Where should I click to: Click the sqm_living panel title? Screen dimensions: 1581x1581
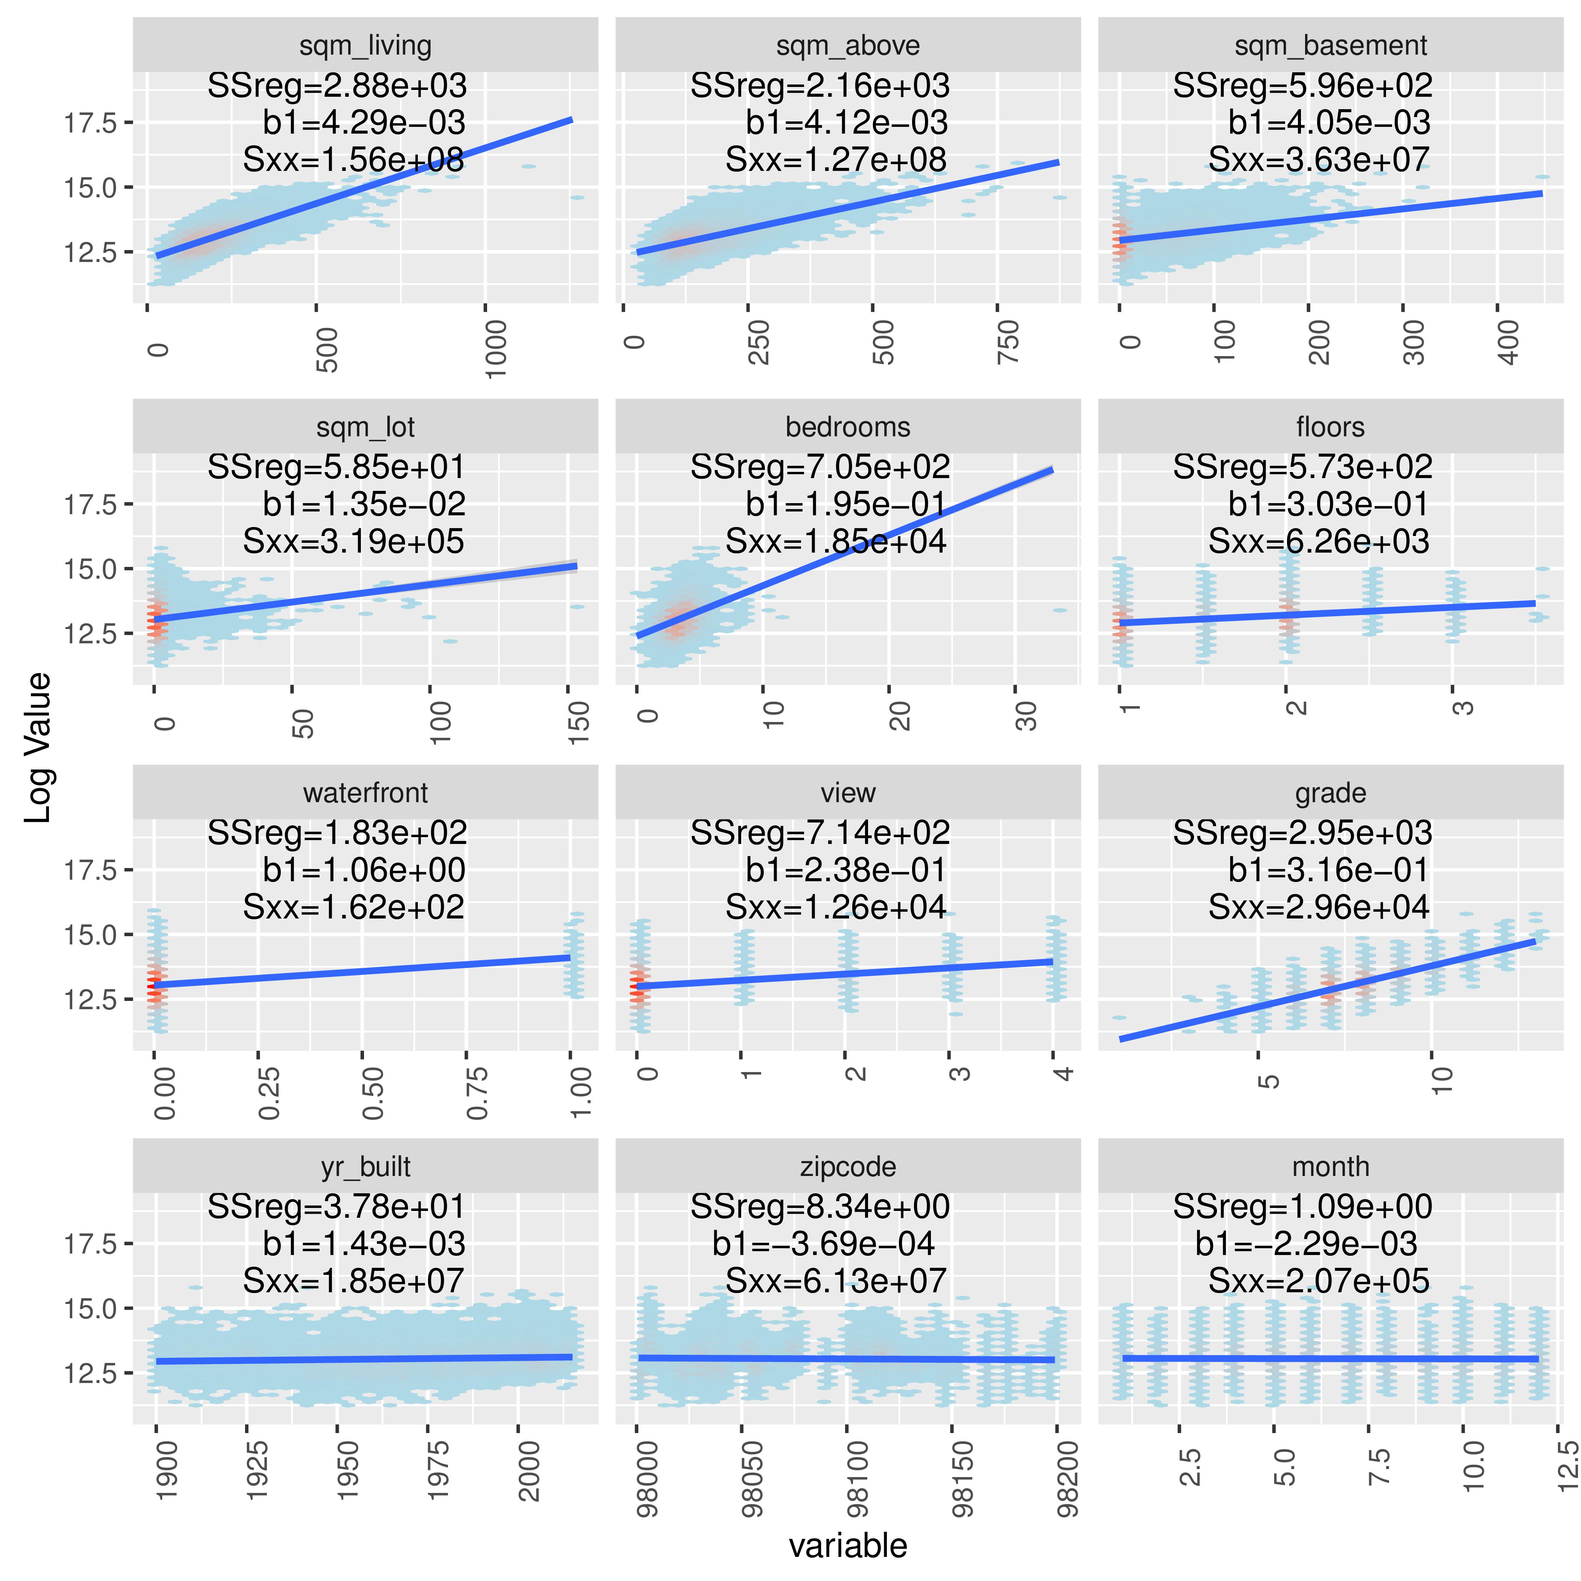pyautogui.click(x=365, y=46)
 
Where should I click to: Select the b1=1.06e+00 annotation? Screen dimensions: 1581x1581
pyautogui.click(x=364, y=870)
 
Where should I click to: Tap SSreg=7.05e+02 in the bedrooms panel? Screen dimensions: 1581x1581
pyautogui.click(x=820, y=467)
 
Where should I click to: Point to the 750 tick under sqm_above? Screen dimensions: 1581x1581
pyautogui.click(x=1008, y=342)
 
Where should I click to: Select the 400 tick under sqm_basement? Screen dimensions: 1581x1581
pyautogui.click(x=1508, y=342)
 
